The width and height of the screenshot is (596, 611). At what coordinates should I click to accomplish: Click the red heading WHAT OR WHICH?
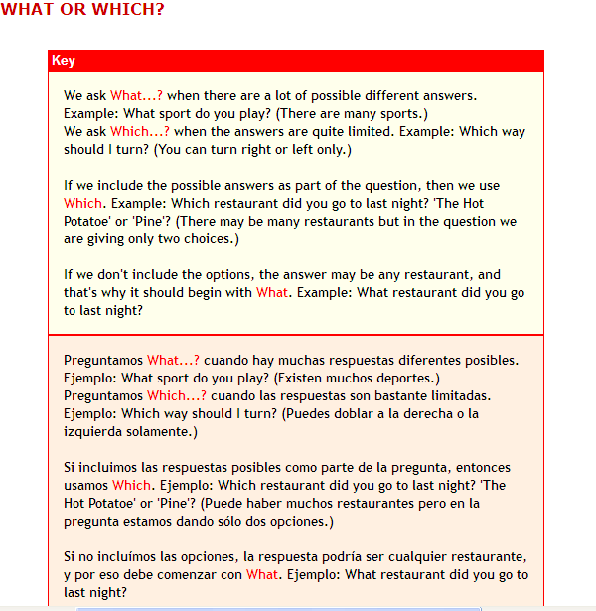tap(82, 10)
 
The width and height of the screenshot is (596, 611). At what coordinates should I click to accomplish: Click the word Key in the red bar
tap(64, 61)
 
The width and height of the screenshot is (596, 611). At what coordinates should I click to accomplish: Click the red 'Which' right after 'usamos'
tap(131, 485)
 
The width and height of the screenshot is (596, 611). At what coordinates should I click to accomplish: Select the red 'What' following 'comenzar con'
tap(262, 574)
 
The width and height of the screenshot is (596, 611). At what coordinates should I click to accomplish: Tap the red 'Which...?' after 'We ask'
tap(139, 132)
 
